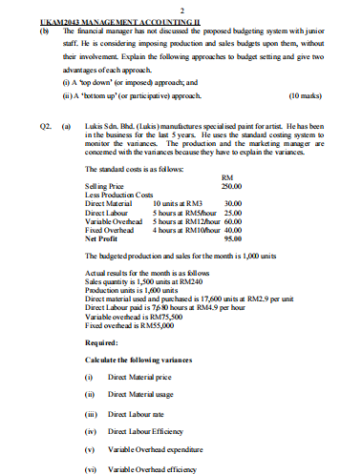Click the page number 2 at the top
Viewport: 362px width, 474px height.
point(181,9)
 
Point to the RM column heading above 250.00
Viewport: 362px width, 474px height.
point(226,177)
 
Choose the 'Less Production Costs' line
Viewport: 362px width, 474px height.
point(117,195)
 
